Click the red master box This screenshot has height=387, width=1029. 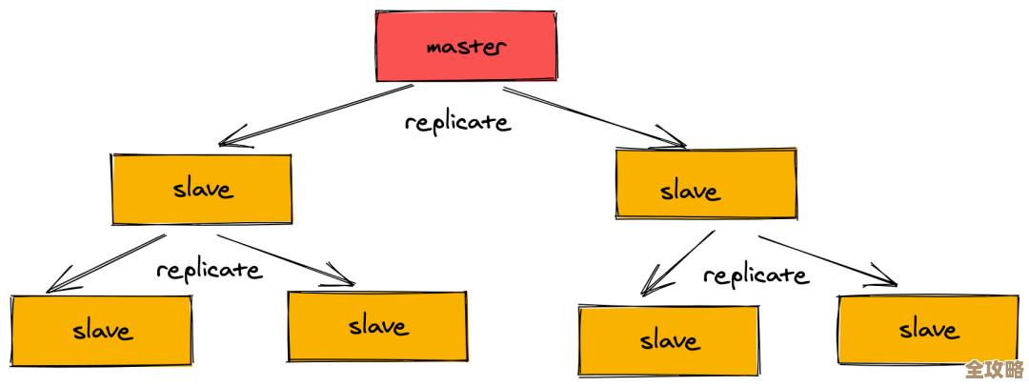[x=465, y=46]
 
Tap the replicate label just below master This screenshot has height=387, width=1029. [x=457, y=122]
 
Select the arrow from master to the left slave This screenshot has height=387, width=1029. [x=314, y=115]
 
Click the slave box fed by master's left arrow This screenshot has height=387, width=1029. [x=202, y=189]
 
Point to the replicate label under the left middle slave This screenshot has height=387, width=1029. [x=209, y=270]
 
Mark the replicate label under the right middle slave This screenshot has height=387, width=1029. [x=756, y=275]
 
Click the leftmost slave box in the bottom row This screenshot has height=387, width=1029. [x=101, y=330]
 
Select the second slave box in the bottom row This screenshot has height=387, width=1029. [x=377, y=326]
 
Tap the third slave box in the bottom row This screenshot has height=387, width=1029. [x=669, y=339]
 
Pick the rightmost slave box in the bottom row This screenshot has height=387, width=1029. [x=927, y=330]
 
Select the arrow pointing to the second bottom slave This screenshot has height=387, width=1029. [x=286, y=259]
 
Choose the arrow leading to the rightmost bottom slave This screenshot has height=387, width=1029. [x=827, y=260]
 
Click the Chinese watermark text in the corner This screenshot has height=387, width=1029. [x=994, y=369]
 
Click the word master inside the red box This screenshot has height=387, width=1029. [x=467, y=46]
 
